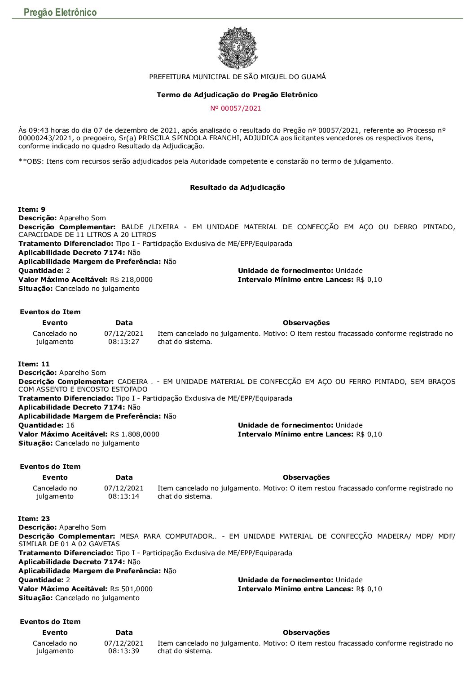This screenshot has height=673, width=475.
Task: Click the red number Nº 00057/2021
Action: [x=236, y=108]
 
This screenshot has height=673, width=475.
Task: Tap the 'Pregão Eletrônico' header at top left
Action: [x=60, y=12]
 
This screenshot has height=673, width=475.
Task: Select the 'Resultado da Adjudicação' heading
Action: [x=237, y=187]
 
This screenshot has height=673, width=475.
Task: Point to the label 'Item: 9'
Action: [x=32, y=209]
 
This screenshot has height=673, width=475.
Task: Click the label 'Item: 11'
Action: [x=34, y=364]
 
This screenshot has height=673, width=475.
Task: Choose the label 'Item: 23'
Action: [x=34, y=519]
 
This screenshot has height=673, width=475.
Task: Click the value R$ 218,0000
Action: [x=131, y=280]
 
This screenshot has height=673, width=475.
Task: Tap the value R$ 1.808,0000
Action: [x=134, y=434]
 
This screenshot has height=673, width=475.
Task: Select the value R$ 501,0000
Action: [x=131, y=589]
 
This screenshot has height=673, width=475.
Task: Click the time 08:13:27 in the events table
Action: [x=124, y=342]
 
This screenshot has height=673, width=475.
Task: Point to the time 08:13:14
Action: [x=124, y=496]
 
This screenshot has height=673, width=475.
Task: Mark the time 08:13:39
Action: [x=124, y=651]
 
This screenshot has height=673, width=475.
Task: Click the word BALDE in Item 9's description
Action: [x=132, y=227]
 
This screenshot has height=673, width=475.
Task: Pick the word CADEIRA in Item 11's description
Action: [x=132, y=382]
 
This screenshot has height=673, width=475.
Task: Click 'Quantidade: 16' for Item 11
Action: [x=47, y=425]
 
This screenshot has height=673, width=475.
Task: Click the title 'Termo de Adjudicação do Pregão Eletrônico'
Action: [x=237, y=95]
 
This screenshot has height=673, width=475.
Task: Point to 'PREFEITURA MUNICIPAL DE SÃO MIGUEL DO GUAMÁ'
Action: [x=237, y=77]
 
